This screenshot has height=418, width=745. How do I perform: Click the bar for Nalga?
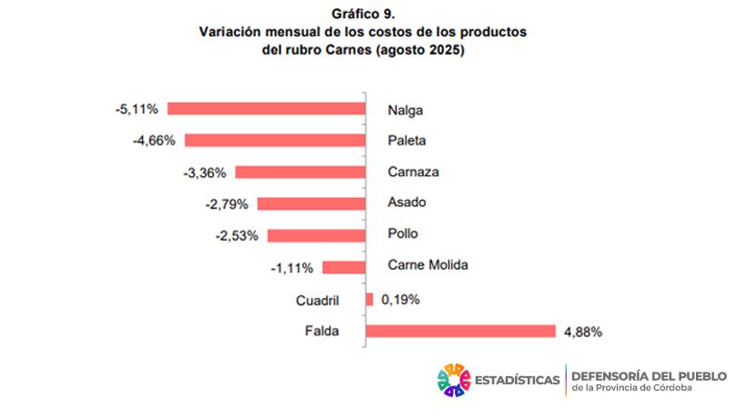pyautogui.click(x=266, y=109)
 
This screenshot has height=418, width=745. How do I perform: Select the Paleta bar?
pyautogui.click(x=275, y=141)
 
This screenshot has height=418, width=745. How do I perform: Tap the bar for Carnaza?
pyautogui.click(x=299, y=172)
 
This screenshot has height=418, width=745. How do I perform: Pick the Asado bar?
pyautogui.click(x=311, y=204)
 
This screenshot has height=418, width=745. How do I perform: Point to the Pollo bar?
pyautogui.click(x=316, y=235)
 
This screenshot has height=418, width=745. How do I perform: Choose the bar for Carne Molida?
pyautogui.click(x=343, y=267)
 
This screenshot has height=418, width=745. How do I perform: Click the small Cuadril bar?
pyautogui.click(x=369, y=299)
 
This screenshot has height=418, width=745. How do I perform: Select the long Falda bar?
pyautogui.click(x=460, y=331)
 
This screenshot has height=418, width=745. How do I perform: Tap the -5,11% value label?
pyautogui.click(x=136, y=109)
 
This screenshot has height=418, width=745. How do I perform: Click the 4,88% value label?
pyautogui.click(x=583, y=332)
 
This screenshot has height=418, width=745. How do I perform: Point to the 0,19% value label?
pyautogui.click(x=400, y=299)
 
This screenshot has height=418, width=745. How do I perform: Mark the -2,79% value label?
pyautogui.click(x=227, y=204)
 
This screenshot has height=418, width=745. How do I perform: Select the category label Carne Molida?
pyautogui.click(x=427, y=265)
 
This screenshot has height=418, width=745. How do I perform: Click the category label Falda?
pyautogui.click(x=322, y=332)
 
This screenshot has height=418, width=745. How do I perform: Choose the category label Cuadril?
pyautogui.click(x=317, y=300)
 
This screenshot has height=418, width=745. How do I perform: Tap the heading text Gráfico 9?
pyautogui.click(x=363, y=14)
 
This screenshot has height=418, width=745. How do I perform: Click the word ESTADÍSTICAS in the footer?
pyautogui.click(x=517, y=380)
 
